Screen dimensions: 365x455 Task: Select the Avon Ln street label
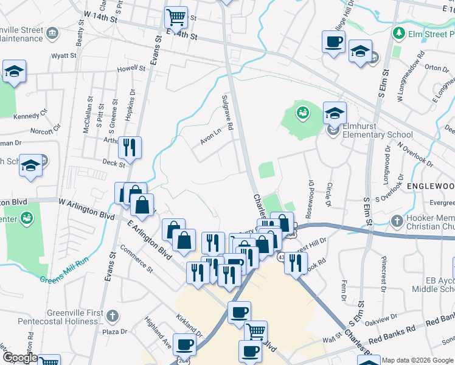[x=210, y=138]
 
